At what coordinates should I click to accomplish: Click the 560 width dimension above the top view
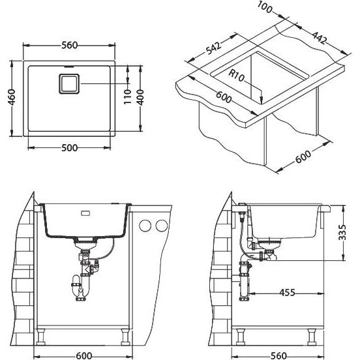70,45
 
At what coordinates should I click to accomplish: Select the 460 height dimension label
12,97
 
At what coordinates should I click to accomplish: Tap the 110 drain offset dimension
127,97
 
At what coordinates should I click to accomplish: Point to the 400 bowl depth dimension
140,97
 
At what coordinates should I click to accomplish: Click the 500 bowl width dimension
70,147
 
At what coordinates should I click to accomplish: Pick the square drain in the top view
69,83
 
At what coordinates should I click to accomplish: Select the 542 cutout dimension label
213,48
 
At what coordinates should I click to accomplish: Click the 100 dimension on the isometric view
265,7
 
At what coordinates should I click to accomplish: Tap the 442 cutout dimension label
319,37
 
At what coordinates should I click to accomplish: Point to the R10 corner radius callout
237,76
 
